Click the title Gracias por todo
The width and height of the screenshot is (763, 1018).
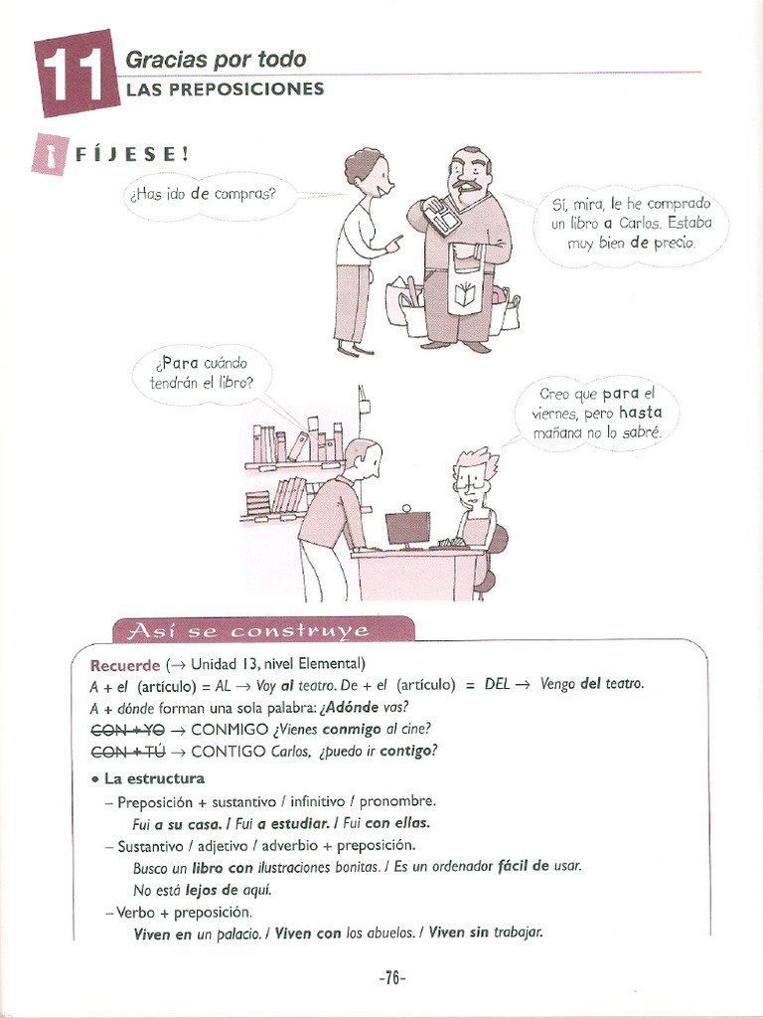[x=215, y=59]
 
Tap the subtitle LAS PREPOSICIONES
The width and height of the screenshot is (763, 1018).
[x=225, y=89]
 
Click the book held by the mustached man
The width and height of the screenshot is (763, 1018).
[x=439, y=215]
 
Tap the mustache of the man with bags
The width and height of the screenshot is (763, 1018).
[x=468, y=185]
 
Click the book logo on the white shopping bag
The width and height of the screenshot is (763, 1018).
[x=464, y=295]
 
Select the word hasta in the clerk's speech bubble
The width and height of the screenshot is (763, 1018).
[x=640, y=413]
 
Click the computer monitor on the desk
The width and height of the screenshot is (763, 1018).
[x=407, y=527]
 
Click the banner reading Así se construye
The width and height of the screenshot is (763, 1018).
[x=241, y=630]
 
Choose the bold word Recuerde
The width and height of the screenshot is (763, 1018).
[x=125, y=664]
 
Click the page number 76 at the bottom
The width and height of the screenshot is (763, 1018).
[x=392, y=978]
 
